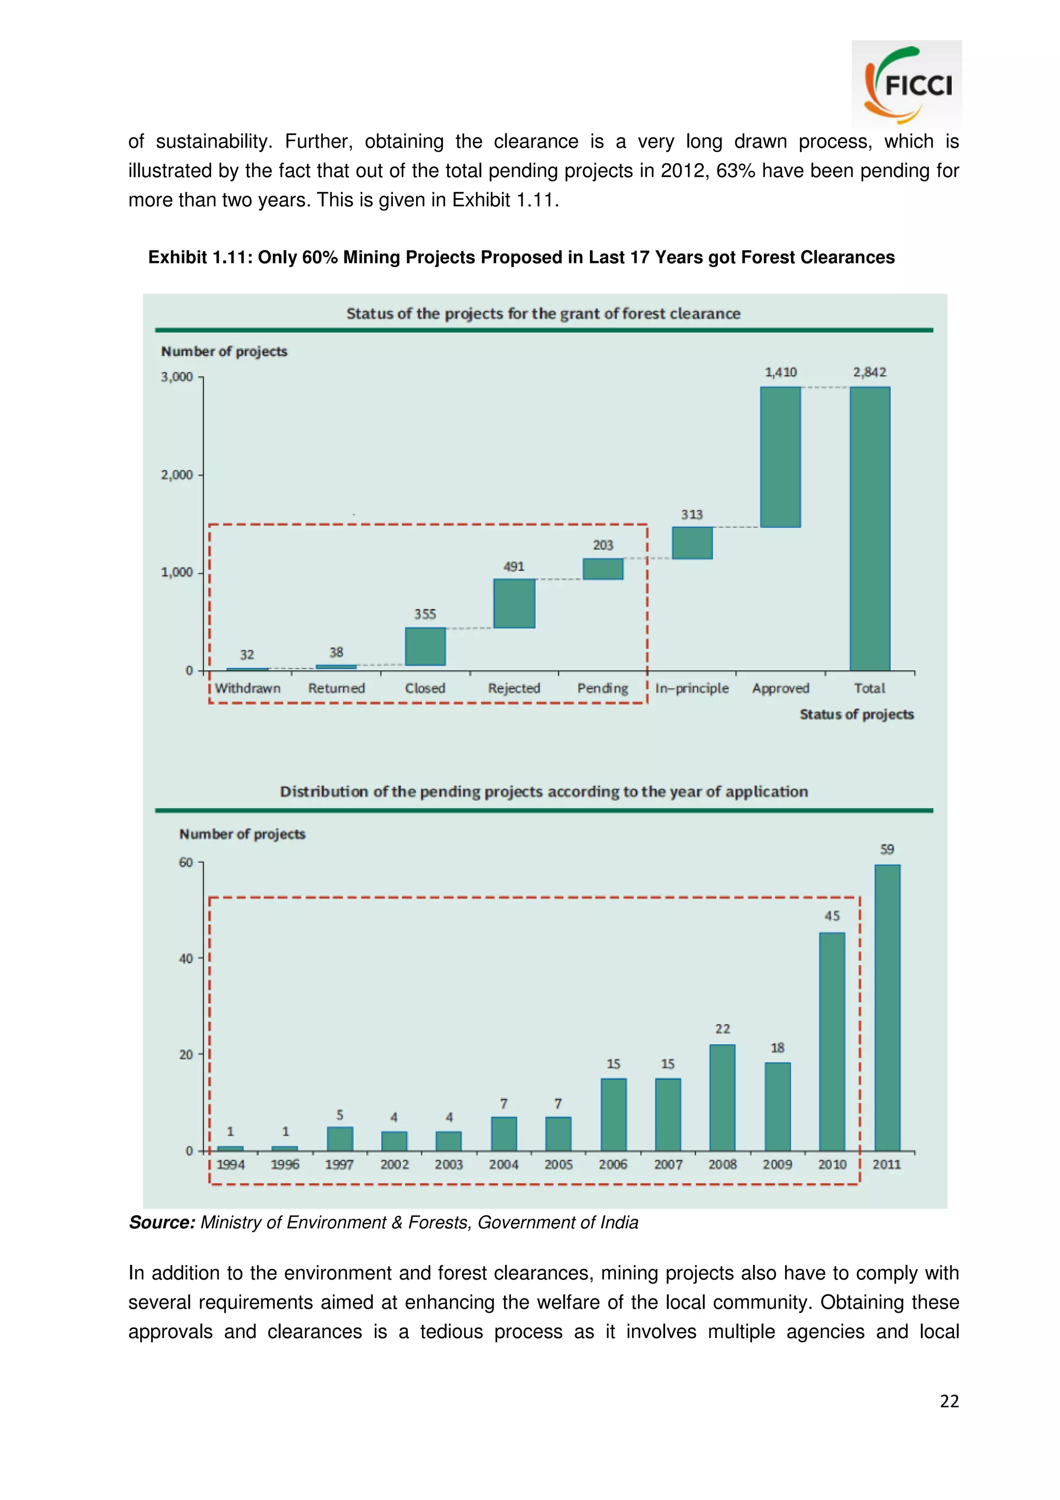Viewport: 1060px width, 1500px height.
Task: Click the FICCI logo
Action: tap(906, 84)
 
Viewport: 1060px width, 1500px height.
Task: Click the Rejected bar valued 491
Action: tap(514, 603)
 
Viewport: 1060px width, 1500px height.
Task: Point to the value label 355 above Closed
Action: tap(424, 614)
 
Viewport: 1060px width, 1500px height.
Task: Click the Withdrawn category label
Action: tap(247, 688)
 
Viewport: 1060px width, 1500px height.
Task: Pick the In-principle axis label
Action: tap(691, 688)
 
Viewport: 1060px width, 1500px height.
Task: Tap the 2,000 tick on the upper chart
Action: tap(177, 475)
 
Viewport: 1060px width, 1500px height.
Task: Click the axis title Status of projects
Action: tap(856, 714)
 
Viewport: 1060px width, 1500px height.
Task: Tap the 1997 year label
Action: tap(339, 1164)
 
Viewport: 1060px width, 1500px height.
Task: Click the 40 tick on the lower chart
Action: tap(186, 959)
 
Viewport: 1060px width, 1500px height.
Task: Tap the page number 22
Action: tap(949, 1401)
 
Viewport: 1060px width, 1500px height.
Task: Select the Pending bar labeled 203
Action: tap(603, 568)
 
